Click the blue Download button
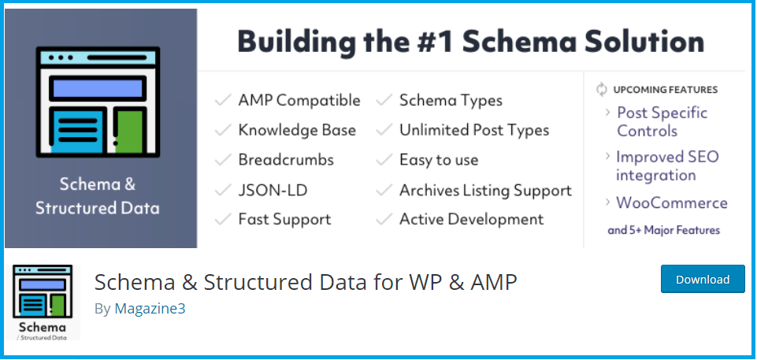pos(703,279)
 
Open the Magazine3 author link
pos(150,308)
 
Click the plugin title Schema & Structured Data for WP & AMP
pos(306,281)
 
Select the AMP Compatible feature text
pos(299,100)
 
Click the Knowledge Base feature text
pos(297,130)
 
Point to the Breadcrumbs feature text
pos(286,160)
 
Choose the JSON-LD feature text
pos(273,190)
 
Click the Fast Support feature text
pos(284,219)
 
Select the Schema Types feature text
pos(451,100)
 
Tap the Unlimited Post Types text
pos(473,130)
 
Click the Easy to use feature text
pos(439,160)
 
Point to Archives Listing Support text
pos(485,190)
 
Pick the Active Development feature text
pos(471,219)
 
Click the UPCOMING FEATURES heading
pos(665,89)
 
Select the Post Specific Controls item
pos(662,121)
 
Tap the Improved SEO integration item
pos(666,165)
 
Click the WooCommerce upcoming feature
pos(671,202)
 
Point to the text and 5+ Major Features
pos(663,230)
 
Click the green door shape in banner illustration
pos(130,130)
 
